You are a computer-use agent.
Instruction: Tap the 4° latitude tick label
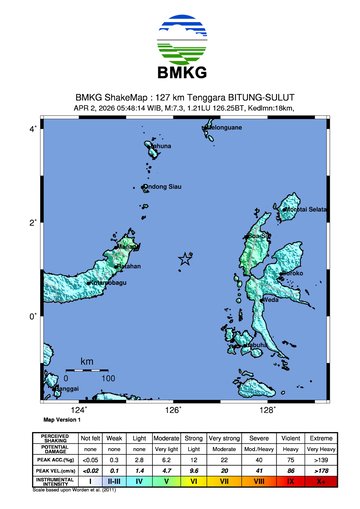click(33, 130)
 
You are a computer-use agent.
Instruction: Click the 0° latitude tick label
click(33, 317)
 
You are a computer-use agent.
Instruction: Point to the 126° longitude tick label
click(173, 410)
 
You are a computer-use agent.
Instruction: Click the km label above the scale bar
click(87, 361)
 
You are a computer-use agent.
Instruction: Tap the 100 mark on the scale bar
click(107, 378)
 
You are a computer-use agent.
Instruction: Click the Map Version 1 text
click(62, 421)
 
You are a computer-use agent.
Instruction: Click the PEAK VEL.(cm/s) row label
click(54, 470)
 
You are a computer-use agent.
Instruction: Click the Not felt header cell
click(90, 438)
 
